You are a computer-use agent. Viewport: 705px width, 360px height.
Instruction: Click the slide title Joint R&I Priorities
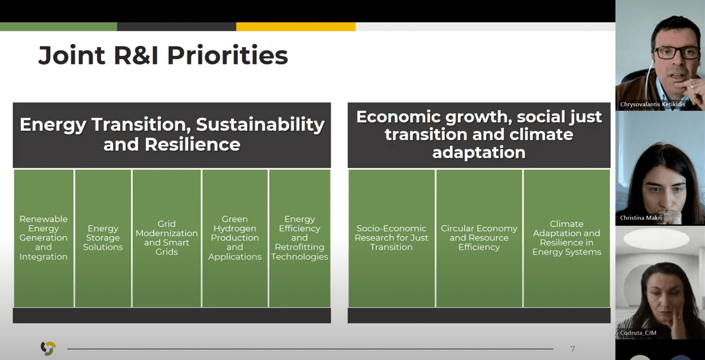point(163,55)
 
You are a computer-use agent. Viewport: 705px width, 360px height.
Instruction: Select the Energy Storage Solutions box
point(103,238)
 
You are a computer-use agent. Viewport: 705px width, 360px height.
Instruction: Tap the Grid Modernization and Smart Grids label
point(166,238)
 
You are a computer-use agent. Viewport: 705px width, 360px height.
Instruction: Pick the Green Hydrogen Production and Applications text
point(235,238)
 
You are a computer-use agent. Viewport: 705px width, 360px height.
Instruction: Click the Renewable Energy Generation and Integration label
point(44,238)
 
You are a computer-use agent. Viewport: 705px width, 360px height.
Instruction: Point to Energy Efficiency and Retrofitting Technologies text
point(300,238)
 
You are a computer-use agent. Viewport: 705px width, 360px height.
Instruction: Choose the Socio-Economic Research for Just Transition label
point(391,238)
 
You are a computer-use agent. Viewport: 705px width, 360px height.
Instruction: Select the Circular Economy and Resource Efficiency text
point(479,238)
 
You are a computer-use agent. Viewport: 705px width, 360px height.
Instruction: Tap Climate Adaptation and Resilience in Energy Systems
point(567,238)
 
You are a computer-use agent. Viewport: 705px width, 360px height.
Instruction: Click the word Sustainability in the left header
point(260,124)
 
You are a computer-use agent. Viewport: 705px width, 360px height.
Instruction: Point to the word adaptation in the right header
point(479,153)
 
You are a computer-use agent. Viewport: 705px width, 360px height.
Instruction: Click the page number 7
point(572,349)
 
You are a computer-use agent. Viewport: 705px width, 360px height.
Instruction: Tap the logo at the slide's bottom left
point(48,348)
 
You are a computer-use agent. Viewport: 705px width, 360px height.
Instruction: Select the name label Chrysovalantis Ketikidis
point(652,104)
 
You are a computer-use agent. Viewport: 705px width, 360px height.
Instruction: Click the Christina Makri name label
point(641,217)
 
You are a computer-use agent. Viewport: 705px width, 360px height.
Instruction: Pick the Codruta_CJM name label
point(638,332)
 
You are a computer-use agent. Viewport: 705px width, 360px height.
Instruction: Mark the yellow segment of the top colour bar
point(296,27)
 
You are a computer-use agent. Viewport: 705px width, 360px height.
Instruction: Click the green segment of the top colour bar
point(59,27)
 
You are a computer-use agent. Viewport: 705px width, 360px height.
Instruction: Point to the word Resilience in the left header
point(192,145)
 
